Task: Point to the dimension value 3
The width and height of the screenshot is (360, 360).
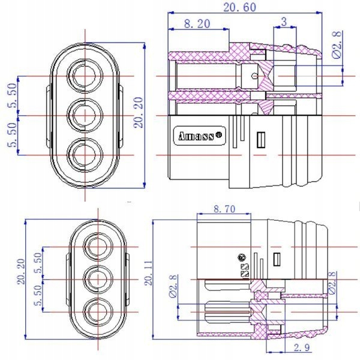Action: pos(284,22)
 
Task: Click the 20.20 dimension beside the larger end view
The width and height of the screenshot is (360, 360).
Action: pos(139,115)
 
